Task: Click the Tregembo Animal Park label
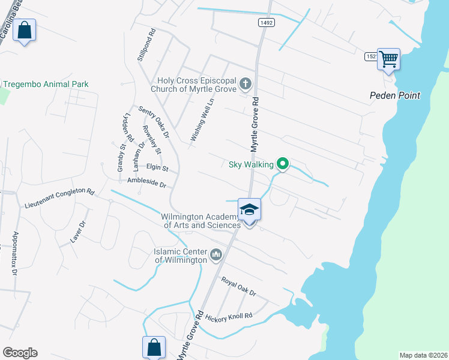click(46, 84)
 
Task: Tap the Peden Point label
click(394, 95)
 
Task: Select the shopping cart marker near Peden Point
click(388, 59)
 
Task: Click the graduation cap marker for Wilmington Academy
click(249, 209)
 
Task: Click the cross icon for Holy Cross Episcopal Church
click(245, 83)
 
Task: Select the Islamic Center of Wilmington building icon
click(216, 256)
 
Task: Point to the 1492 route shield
click(267, 22)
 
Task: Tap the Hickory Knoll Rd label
click(229, 316)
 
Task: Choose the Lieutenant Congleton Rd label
click(60, 199)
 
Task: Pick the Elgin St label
click(157, 169)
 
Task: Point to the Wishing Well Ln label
click(202, 120)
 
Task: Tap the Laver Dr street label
click(79, 231)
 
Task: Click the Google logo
click(20, 353)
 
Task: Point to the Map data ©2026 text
click(423, 355)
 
